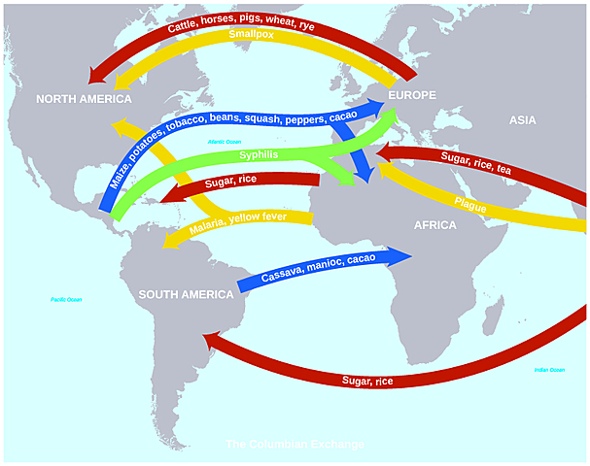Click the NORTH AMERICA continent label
coord(84,100)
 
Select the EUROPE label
coord(411,95)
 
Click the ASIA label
coord(523,120)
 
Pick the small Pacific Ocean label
coord(66,300)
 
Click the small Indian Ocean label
coord(549,370)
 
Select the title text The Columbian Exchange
coord(295,445)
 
